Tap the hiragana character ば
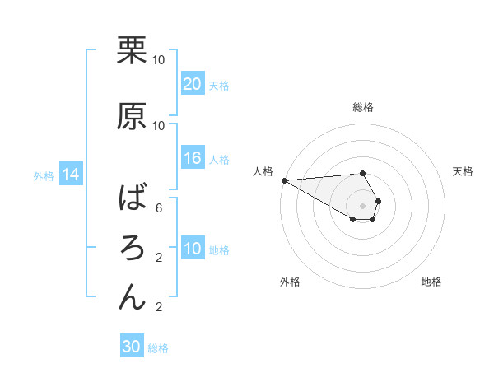(133, 199)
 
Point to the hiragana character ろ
(133, 248)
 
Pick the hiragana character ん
(133, 296)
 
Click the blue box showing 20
(193, 83)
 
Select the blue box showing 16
(193, 158)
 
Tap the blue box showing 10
(193, 249)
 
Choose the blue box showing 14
(70, 175)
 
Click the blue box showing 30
(132, 347)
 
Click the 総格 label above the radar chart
(363, 107)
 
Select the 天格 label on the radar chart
(464, 171)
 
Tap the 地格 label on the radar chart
(431, 282)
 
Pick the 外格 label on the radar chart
(290, 282)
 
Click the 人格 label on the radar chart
(263, 171)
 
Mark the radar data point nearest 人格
(284, 180)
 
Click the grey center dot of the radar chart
(362, 205)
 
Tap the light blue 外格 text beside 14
(44, 175)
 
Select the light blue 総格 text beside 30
(158, 348)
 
